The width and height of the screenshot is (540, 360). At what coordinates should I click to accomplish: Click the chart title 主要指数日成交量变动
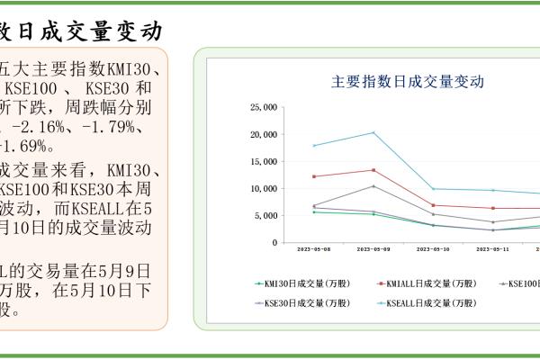click(x=408, y=81)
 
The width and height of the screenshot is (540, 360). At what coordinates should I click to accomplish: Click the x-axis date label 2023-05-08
click(x=313, y=249)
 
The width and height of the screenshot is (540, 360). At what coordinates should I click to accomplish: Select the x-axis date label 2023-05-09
click(x=373, y=249)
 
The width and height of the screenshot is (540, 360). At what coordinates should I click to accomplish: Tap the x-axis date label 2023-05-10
click(x=434, y=249)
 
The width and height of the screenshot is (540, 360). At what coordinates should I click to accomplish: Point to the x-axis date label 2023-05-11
click(x=493, y=249)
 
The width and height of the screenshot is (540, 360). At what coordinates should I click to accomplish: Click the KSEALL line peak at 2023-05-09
click(x=373, y=132)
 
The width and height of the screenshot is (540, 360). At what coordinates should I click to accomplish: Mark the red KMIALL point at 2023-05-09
click(x=373, y=170)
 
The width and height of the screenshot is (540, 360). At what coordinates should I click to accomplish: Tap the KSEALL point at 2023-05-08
click(x=314, y=146)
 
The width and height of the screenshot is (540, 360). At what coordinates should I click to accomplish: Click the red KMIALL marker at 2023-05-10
click(x=434, y=205)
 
